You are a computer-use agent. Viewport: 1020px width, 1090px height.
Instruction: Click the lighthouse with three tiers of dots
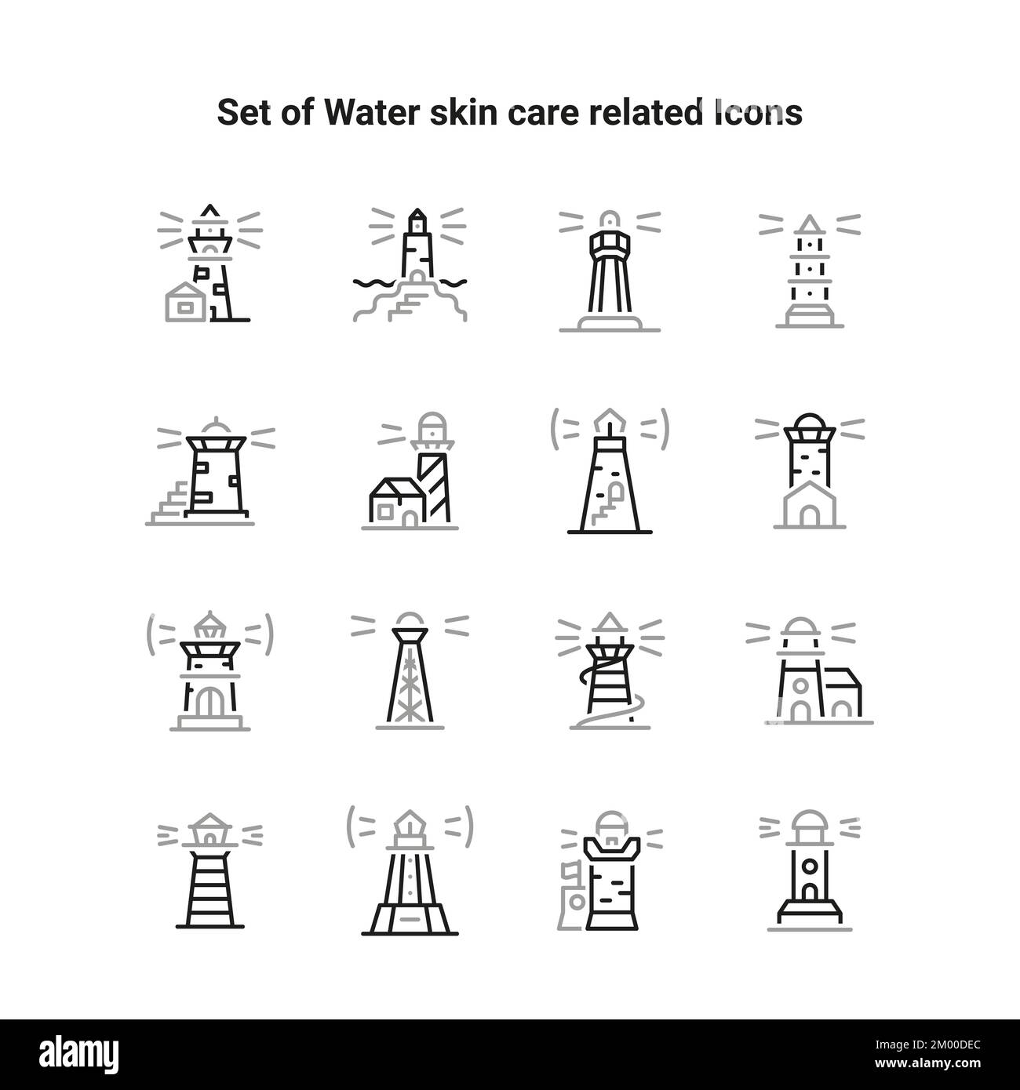point(809,271)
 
